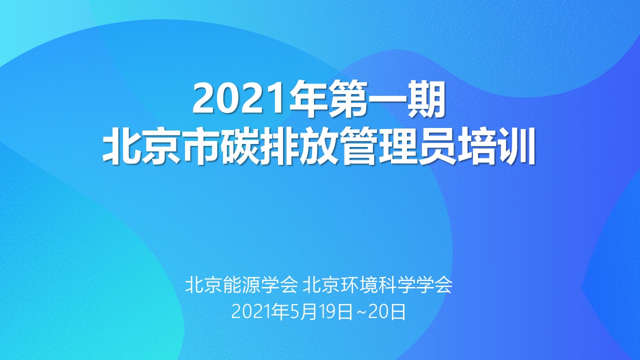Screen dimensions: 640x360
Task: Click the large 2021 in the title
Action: (240, 99)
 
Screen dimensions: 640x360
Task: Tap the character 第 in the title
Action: (347, 98)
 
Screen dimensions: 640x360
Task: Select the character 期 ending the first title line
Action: (426, 98)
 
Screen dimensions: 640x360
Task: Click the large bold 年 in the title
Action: (308, 98)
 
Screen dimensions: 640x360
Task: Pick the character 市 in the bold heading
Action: (201, 146)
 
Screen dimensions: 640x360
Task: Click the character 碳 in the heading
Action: (241, 146)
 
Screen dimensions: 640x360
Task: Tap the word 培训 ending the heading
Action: (496, 146)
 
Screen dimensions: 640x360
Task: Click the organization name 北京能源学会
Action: (241, 284)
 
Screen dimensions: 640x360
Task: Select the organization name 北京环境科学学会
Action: (377, 284)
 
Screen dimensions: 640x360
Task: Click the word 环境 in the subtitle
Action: (359, 284)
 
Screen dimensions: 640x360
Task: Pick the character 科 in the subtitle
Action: (387, 284)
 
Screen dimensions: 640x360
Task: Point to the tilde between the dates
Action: (360, 312)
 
